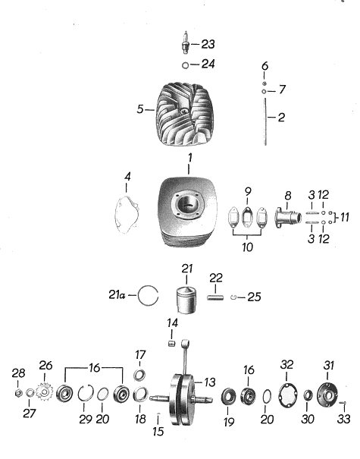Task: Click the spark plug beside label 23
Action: pyautogui.click(x=186, y=42)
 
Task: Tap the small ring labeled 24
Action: pyautogui.click(x=186, y=65)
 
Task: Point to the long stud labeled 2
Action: pyautogui.click(x=265, y=121)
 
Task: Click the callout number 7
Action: pyautogui.click(x=282, y=90)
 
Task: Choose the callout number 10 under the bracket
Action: pyautogui.click(x=247, y=247)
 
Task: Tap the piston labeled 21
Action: pyautogui.click(x=186, y=300)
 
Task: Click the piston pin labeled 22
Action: pyautogui.click(x=215, y=297)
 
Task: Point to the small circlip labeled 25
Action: pyautogui.click(x=233, y=297)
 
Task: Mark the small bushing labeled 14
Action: pyautogui.click(x=172, y=343)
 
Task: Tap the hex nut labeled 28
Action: pyautogui.click(x=18, y=394)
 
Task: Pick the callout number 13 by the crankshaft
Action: pyautogui.click(x=210, y=382)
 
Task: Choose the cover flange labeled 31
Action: pyautogui.click(x=327, y=395)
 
